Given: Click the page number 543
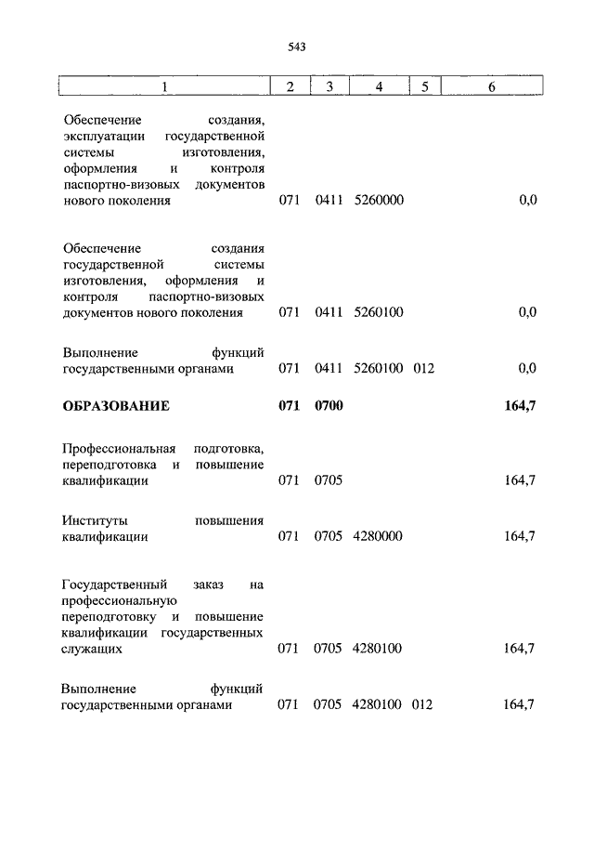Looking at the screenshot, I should click(x=297, y=46).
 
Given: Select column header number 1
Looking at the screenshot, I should click(x=165, y=87).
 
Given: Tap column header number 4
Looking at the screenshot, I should click(x=379, y=87).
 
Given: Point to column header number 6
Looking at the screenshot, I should click(x=492, y=87).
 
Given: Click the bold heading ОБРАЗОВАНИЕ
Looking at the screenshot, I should click(x=116, y=406).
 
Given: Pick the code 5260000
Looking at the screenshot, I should click(x=379, y=201).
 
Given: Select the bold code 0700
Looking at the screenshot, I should click(x=329, y=406).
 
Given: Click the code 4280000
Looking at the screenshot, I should click(x=378, y=537).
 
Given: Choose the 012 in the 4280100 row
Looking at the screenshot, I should click(x=423, y=705).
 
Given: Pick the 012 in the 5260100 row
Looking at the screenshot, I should click(x=424, y=369).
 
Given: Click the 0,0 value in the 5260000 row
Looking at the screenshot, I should click(x=527, y=201).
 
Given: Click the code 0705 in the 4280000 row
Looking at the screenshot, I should click(x=329, y=537).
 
